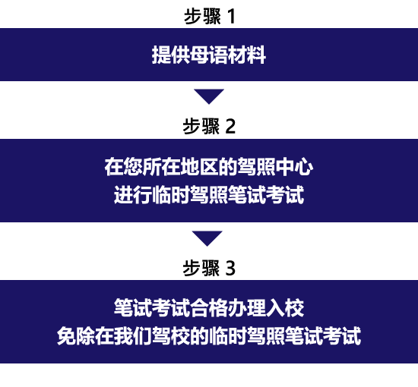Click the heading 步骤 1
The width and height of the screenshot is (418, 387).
click(210, 16)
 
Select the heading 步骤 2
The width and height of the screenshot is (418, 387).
click(209, 126)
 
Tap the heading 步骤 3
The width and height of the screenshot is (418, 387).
click(209, 268)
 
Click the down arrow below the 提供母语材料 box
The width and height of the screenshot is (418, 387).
click(209, 96)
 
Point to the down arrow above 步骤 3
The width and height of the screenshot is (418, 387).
click(207, 238)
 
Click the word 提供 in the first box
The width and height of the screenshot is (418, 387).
click(170, 55)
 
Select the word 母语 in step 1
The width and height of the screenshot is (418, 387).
click(209, 55)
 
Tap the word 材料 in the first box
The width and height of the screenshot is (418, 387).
click(246, 55)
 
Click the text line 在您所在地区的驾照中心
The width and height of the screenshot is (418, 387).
click(209, 167)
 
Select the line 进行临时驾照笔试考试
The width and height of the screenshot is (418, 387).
click(209, 194)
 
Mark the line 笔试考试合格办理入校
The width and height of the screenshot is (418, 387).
click(209, 307)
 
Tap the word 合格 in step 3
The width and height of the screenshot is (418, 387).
click(209, 307)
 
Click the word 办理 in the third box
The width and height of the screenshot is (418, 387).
click(247, 307)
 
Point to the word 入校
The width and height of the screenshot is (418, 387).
click(285, 307)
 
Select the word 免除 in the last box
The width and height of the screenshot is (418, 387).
click(76, 336)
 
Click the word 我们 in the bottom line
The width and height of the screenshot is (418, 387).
click(133, 336)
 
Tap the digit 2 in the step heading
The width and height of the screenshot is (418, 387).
click(230, 127)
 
